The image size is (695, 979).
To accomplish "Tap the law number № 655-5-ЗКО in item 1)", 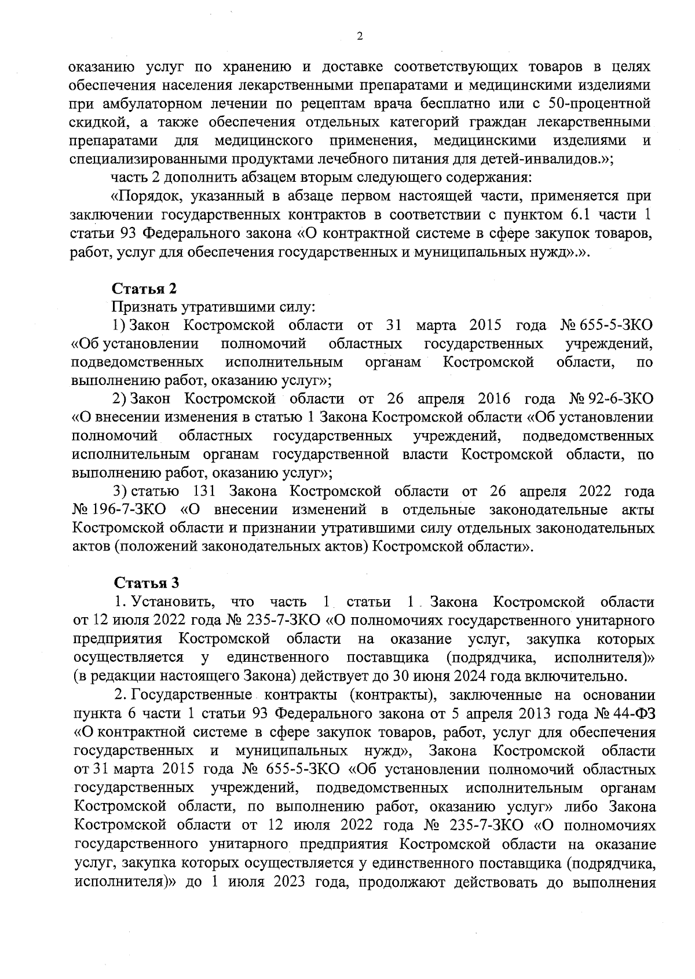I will (606, 325).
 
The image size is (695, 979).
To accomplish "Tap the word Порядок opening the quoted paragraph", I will (147, 196).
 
